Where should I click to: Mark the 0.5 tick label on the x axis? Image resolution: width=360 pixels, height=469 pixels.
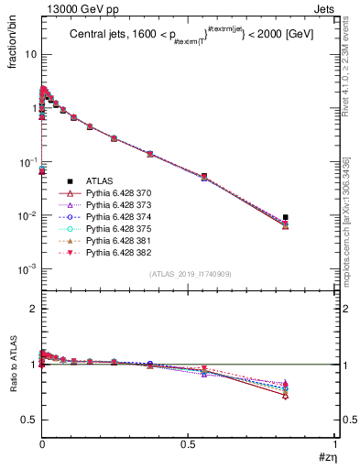tap(189, 443)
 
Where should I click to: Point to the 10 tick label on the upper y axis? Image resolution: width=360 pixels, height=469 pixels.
tap(30, 54)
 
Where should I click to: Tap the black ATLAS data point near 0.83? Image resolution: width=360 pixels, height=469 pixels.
tap(286, 217)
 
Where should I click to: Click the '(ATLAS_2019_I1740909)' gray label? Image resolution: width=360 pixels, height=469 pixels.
tap(189, 274)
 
